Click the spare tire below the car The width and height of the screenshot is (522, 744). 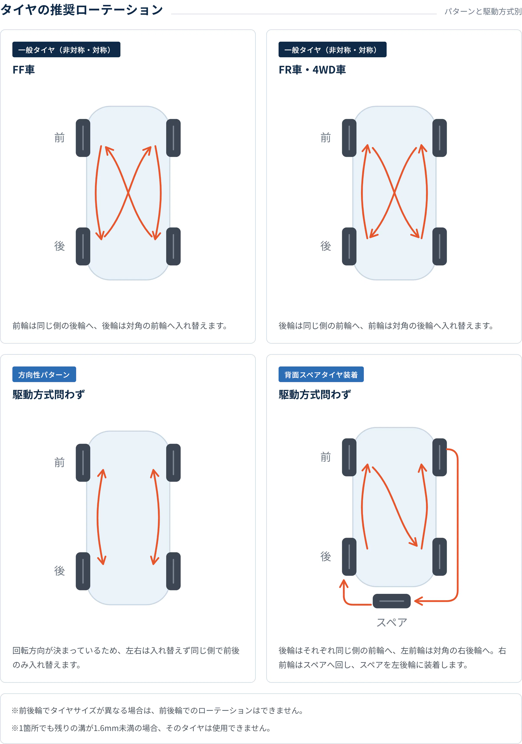(x=391, y=601)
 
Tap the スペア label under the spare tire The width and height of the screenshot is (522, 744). (x=391, y=622)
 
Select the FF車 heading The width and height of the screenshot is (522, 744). (x=24, y=70)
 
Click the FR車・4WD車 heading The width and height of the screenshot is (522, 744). (x=312, y=70)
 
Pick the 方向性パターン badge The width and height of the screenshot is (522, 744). (x=44, y=374)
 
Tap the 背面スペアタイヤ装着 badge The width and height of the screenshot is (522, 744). (x=321, y=374)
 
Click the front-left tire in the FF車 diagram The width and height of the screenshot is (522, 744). (x=83, y=138)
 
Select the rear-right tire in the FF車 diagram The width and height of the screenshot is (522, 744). (x=173, y=246)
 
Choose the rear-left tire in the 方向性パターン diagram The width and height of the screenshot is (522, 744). (x=83, y=571)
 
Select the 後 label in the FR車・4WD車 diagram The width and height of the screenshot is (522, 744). (x=326, y=246)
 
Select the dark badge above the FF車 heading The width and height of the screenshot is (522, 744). (x=66, y=50)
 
